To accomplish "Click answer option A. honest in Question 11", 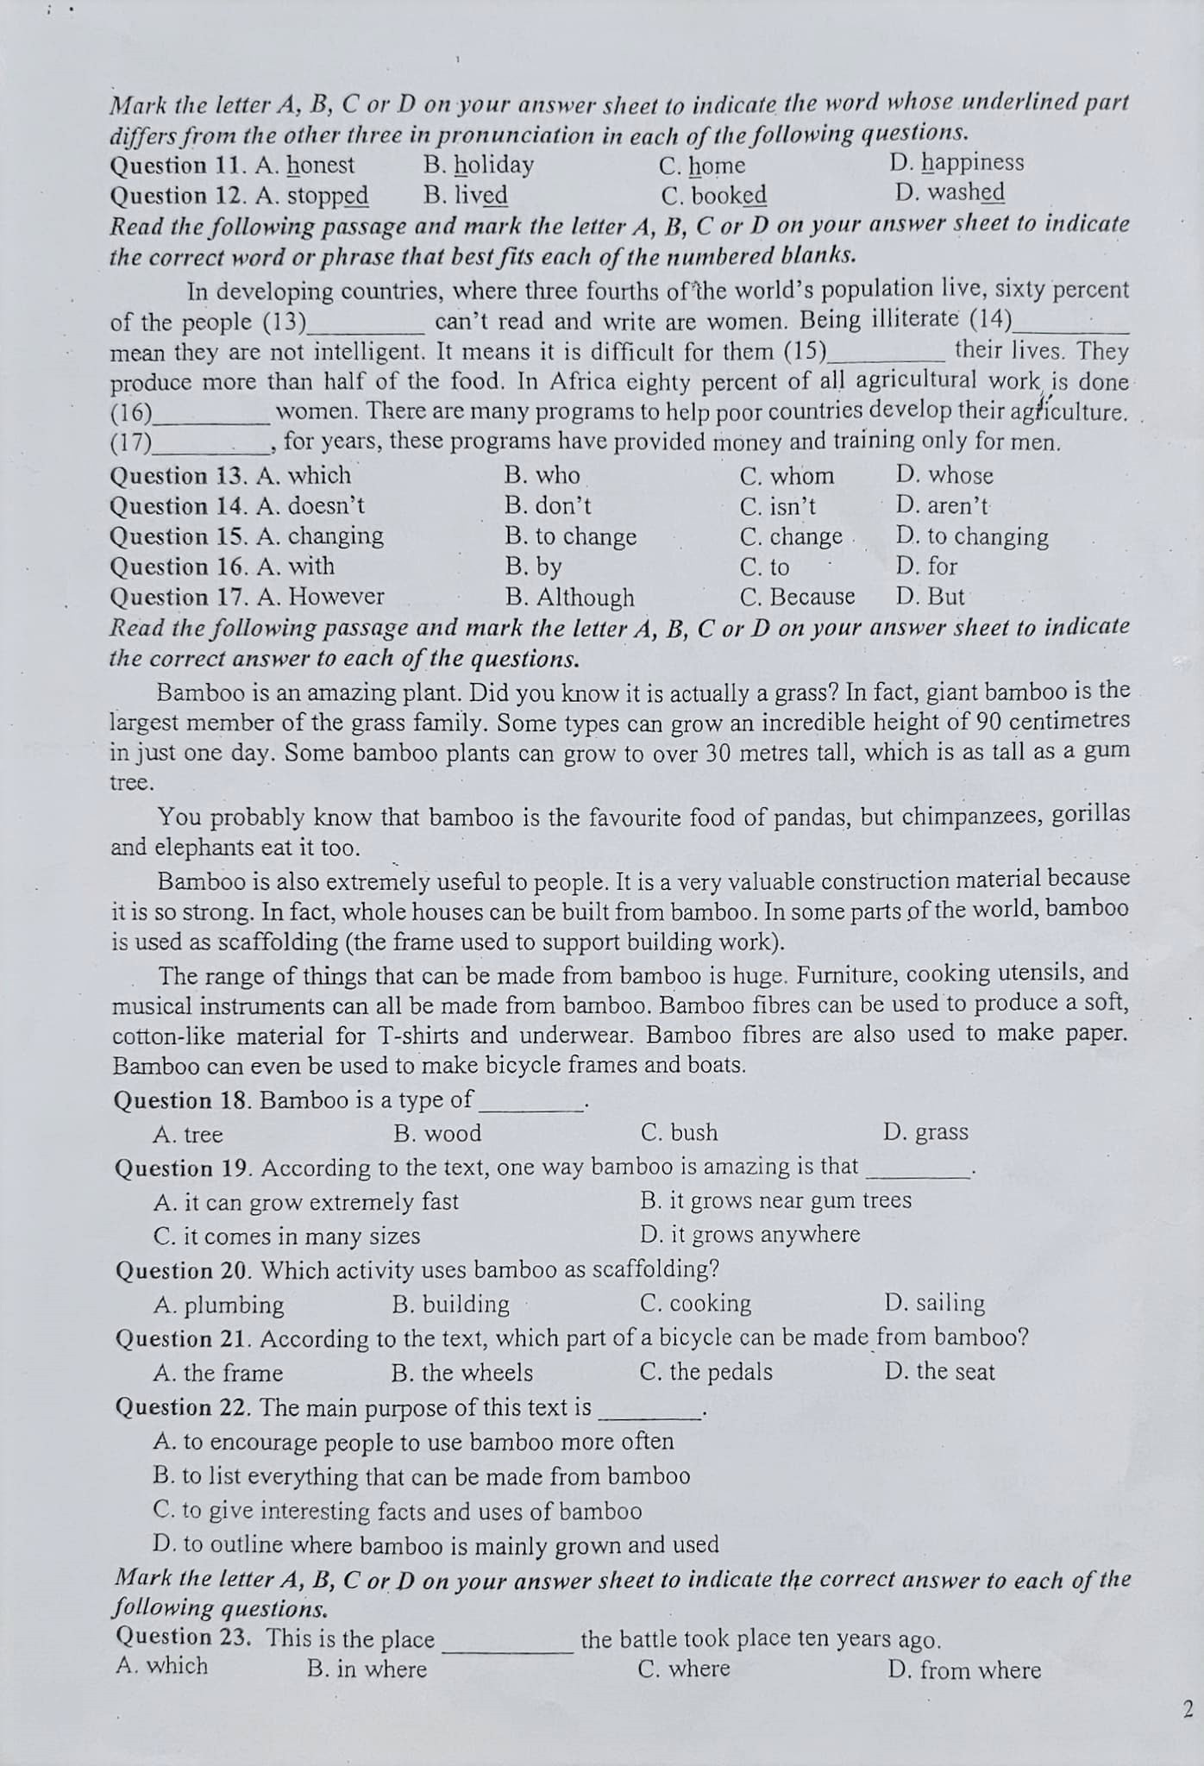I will (305, 166).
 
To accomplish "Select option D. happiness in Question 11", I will (956, 163).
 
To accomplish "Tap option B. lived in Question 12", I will (466, 196).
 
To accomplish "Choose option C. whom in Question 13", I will (787, 477).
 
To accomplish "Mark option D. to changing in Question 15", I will (972, 537).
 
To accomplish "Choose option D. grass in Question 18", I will (925, 1132).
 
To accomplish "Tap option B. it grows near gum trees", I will (775, 1201).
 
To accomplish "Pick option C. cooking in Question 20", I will (695, 1304).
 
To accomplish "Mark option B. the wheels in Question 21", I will (462, 1373).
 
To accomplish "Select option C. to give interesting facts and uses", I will (398, 1512).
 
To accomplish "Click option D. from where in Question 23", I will (964, 1671).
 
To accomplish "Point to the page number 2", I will (1188, 1710).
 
